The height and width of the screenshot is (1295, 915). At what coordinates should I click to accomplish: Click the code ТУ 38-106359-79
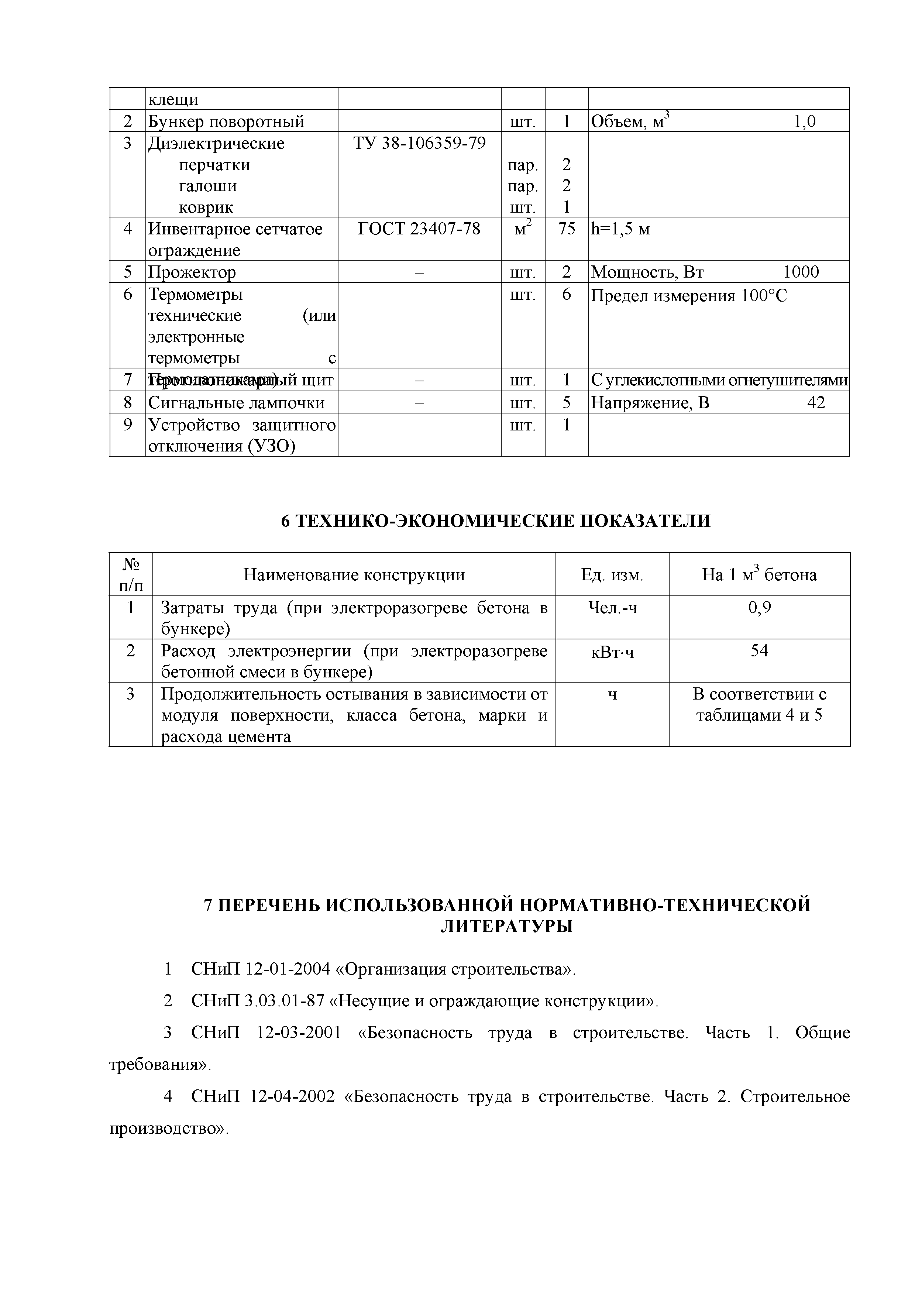[419, 143]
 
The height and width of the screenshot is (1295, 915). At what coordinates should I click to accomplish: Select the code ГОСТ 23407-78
[419, 229]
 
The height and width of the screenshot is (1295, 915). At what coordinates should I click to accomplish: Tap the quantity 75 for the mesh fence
[566, 229]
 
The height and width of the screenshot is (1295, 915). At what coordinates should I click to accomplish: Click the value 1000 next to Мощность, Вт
[801, 272]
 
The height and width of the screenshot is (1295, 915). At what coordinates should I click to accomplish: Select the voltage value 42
[816, 403]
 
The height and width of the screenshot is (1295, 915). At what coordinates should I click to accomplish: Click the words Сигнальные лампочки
[236, 403]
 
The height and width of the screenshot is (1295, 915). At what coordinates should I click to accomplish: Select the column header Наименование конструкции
[354, 575]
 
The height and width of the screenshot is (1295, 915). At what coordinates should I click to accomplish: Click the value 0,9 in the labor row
[759, 608]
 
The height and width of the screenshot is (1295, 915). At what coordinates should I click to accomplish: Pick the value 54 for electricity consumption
[759, 651]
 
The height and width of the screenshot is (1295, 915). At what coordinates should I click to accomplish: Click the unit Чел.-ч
[612, 608]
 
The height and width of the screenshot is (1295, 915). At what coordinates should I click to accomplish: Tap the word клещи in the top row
[173, 100]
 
